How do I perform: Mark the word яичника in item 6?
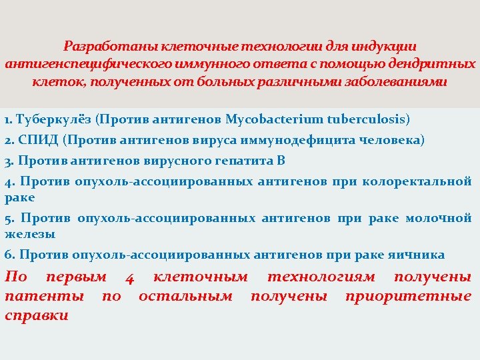click(419, 255)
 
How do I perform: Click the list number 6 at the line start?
click(9, 255)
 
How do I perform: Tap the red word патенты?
click(44, 295)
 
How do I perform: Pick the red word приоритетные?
click(408, 295)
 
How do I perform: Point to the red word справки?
click(36, 315)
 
